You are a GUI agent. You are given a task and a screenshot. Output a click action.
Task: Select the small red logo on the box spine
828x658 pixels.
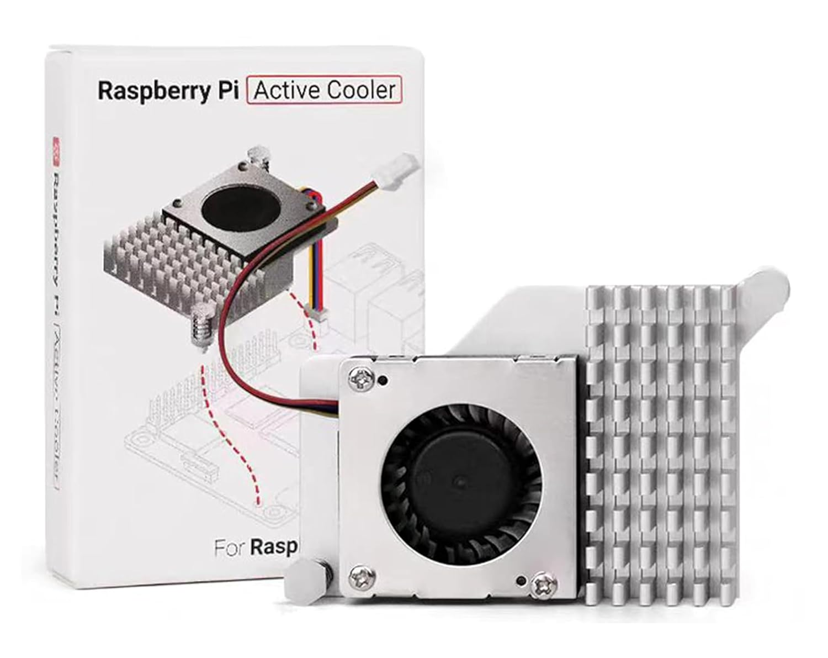(x=56, y=145)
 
